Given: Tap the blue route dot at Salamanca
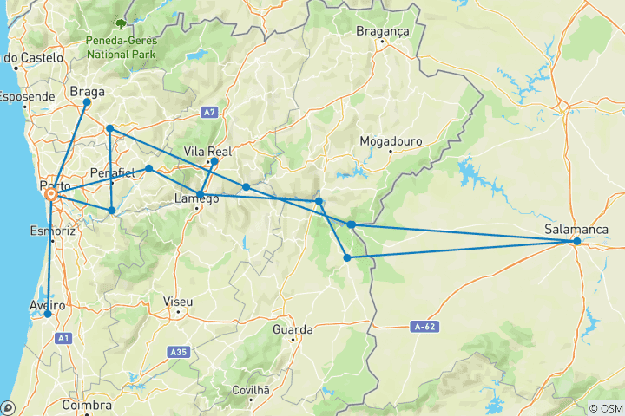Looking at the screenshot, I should [x=576, y=242].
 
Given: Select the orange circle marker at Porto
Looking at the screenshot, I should [x=51, y=196].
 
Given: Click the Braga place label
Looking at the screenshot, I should [x=87, y=89].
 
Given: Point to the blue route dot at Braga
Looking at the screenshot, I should [x=87, y=102].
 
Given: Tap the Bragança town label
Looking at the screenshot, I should [x=382, y=31].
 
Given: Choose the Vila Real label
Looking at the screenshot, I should [x=206, y=152].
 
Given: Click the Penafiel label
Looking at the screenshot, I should [x=112, y=173].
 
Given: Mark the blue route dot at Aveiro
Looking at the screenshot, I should [x=48, y=315].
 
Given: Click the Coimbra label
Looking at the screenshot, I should [x=87, y=405].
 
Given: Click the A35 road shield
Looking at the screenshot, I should [x=179, y=352].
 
